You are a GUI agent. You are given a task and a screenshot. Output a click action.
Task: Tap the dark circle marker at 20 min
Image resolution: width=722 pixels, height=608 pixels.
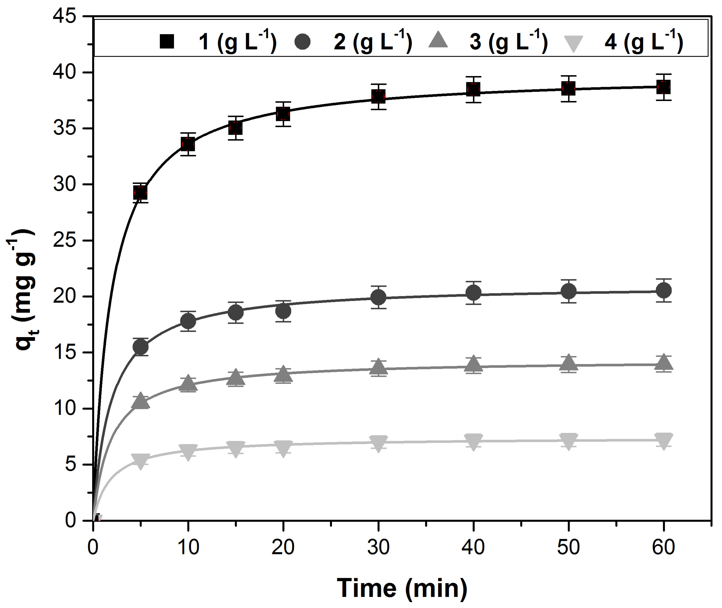point(283,311)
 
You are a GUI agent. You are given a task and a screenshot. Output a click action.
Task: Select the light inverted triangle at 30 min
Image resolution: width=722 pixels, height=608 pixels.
point(378,443)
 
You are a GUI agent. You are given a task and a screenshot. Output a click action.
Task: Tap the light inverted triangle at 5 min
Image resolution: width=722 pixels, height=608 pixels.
point(141,461)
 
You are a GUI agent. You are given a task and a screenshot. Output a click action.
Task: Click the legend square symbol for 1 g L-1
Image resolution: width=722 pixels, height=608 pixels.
point(167,41)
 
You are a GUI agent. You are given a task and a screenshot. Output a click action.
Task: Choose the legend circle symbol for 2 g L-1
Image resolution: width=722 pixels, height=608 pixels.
point(302,41)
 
